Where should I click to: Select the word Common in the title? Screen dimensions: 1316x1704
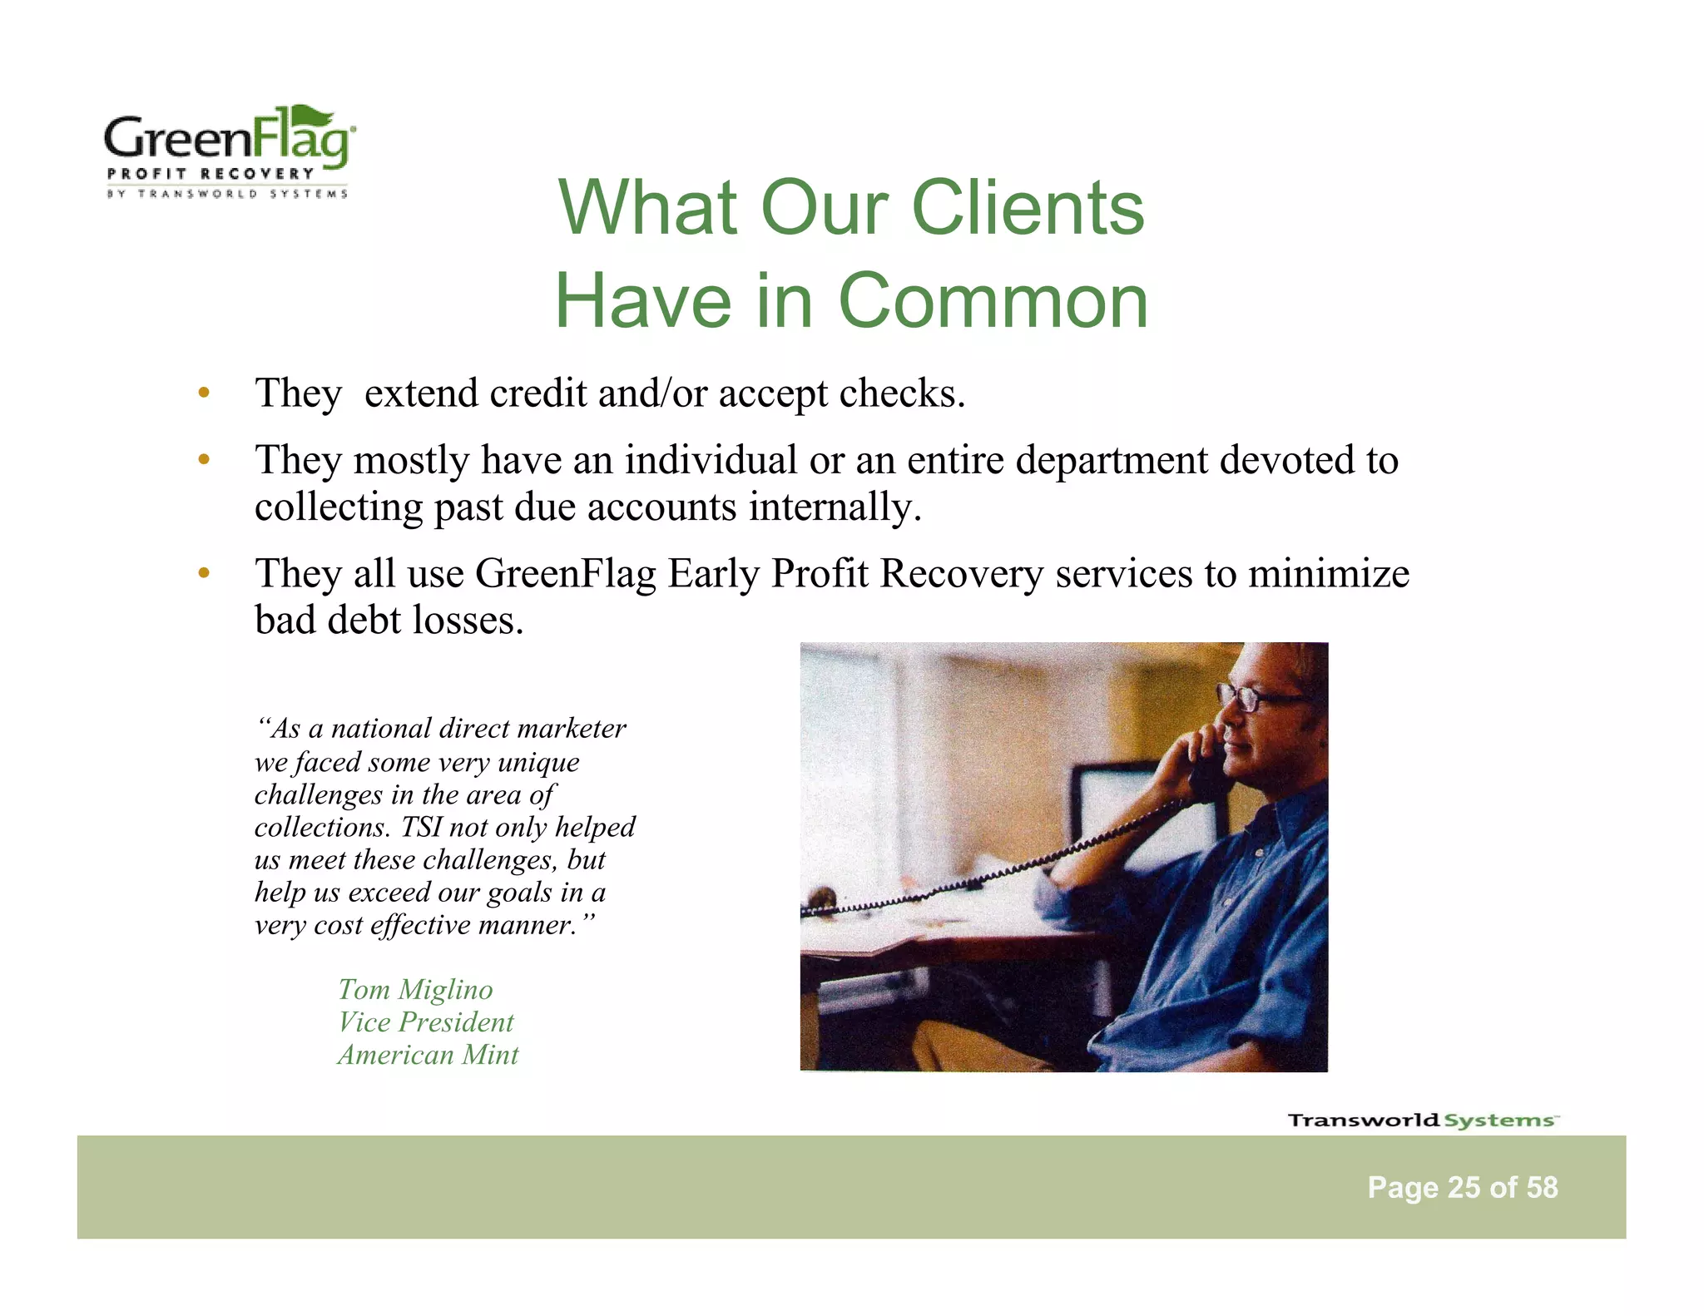pyautogui.click(x=993, y=301)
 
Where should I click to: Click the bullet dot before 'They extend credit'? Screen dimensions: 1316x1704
pyautogui.click(x=203, y=393)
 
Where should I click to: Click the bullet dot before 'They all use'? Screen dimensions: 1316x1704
pyautogui.click(x=203, y=573)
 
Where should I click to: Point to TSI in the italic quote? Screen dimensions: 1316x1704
pyautogui.click(x=421, y=828)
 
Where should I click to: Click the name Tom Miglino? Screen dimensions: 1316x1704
pyautogui.click(x=415, y=990)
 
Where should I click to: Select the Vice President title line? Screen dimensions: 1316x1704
pyautogui.click(x=426, y=1022)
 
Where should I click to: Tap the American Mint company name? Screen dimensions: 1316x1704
pyautogui.click(x=428, y=1055)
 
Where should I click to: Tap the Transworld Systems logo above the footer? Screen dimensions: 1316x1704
pyautogui.click(x=1422, y=1121)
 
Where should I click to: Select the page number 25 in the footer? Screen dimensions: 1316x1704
pyautogui.click(x=1464, y=1188)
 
